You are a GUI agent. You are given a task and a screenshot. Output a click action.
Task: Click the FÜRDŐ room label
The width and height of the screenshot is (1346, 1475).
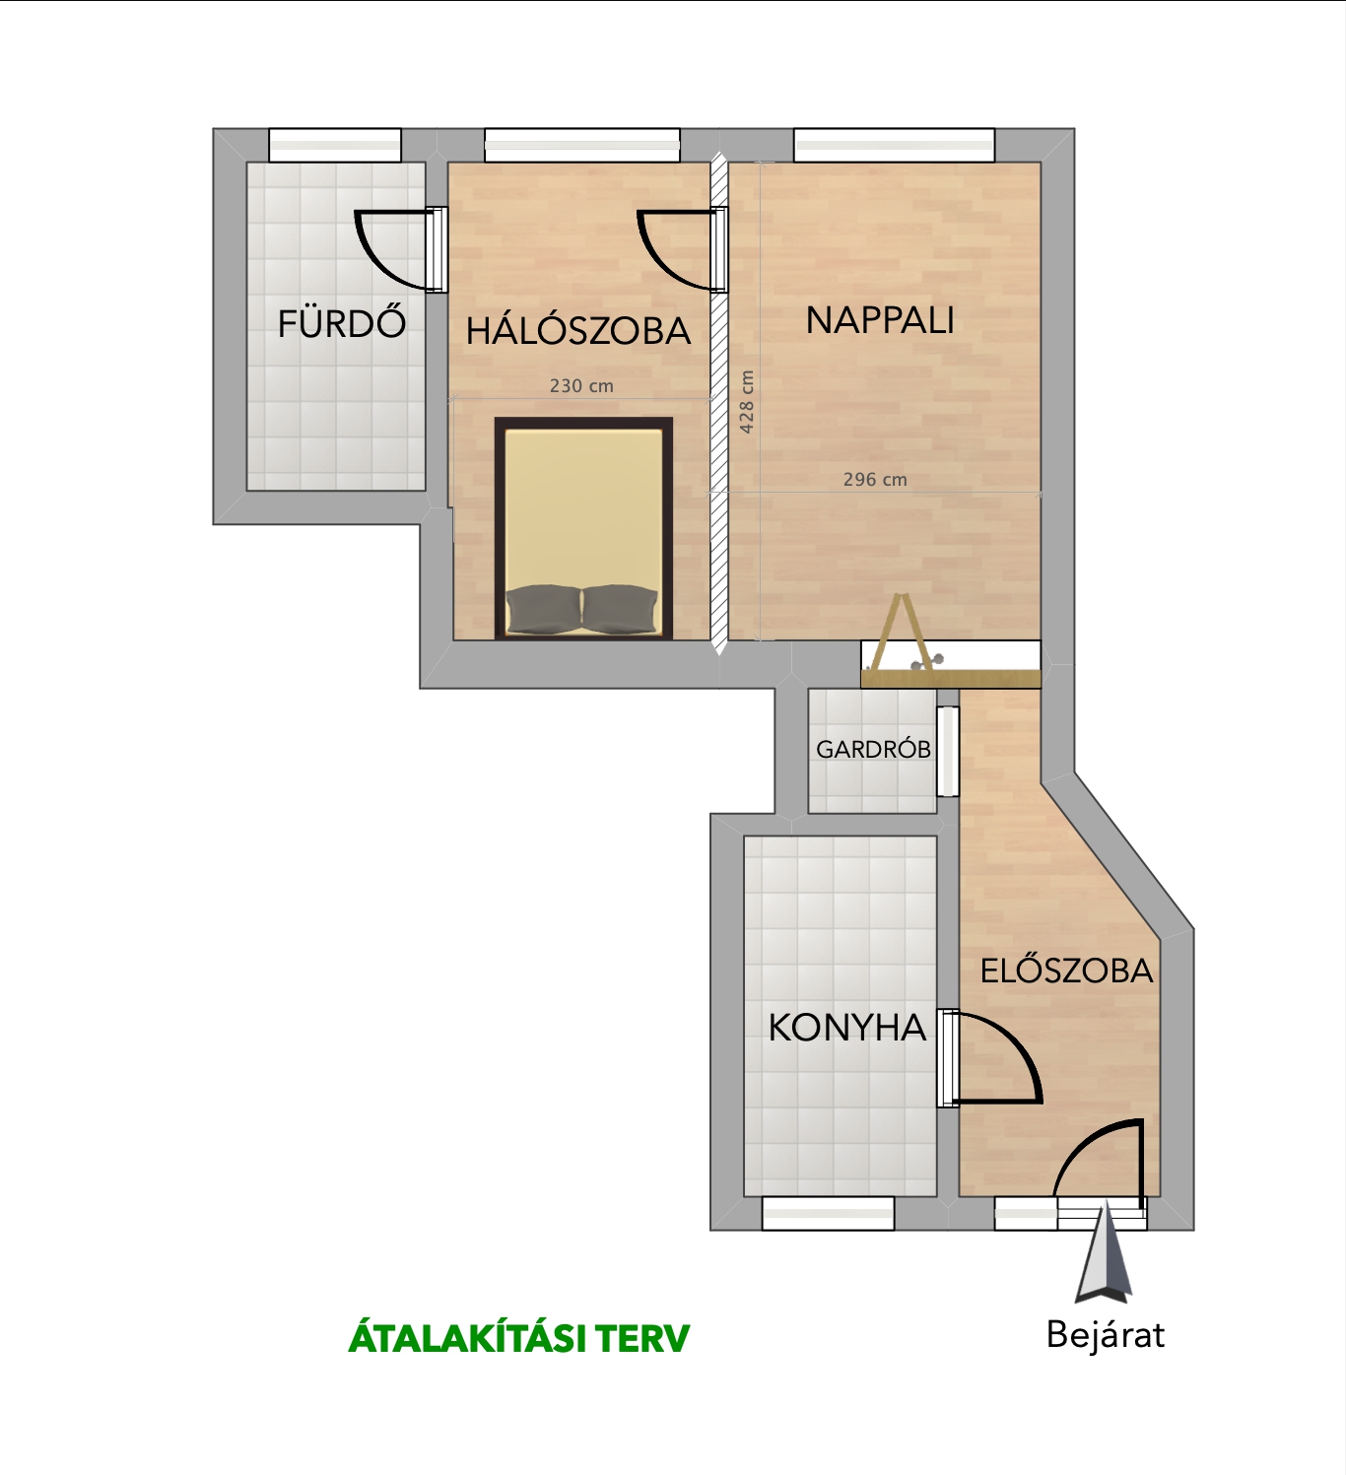(x=341, y=323)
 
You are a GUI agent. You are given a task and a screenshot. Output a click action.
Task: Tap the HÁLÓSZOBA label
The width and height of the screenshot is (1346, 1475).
(x=578, y=331)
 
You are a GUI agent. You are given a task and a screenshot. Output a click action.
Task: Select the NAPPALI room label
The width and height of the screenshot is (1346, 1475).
(x=880, y=320)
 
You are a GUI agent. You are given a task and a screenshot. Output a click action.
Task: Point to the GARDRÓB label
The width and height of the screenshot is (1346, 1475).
(x=873, y=749)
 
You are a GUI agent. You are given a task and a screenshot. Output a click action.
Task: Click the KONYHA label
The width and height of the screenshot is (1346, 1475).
(x=847, y=1028)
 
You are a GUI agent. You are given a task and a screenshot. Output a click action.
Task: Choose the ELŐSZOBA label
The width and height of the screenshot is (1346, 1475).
(x=1066, y=972)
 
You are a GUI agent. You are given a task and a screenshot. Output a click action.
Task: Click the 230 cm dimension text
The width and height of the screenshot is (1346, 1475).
(x=581, y=386)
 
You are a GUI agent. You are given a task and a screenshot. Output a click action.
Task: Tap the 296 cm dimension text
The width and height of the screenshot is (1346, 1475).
(x=875, y=480)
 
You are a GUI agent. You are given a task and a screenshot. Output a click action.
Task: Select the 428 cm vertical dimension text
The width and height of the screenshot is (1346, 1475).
(x=746, y=401)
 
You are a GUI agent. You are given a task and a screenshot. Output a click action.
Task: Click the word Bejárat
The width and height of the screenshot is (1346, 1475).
(x=1106, y=1334)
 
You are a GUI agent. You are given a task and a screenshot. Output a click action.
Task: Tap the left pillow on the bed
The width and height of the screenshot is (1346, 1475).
(x=544, y=609)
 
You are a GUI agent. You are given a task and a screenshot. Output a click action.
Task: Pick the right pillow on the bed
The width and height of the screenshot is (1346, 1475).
(x=620, y=609)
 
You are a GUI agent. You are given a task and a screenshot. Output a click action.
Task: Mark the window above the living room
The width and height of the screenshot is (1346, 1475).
(x=895, y=145)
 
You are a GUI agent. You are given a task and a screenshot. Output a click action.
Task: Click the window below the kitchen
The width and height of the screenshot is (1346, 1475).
(x=829, y=1213)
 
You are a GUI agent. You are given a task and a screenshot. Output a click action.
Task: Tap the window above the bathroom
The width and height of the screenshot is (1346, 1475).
(x=335, y=145)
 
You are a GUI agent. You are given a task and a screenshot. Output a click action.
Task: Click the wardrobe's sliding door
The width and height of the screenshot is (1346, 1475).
(x=948, y=751)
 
